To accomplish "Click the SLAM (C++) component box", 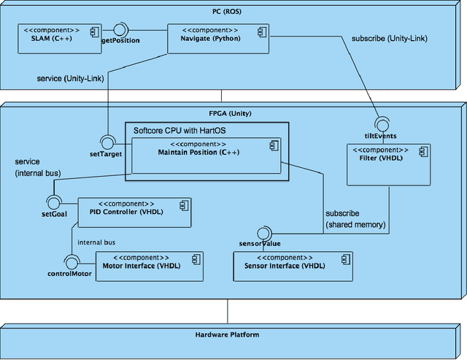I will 58,37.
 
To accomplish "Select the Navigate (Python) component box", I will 204,37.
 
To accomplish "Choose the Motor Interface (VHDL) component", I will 150,266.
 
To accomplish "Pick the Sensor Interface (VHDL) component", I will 293,266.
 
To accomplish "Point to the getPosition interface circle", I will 120,29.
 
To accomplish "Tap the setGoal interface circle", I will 52,201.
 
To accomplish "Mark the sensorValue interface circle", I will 264,233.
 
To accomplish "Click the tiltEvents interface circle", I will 380,123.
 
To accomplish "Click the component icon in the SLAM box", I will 93,31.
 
